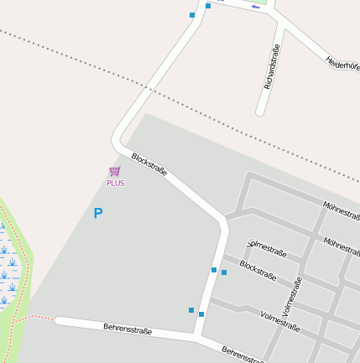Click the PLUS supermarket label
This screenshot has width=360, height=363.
click(115, 183)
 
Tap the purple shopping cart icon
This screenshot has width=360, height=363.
click(115, 171)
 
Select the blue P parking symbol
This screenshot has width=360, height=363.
click(97, 213)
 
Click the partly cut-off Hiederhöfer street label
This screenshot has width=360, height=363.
click(342, 63)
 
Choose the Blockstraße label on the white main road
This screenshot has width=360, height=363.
click(149, 164)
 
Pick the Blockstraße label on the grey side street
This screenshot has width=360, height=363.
click(258, 269)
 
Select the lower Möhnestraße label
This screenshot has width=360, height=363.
click(342, 246)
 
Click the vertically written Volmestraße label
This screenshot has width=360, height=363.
click(293, 297)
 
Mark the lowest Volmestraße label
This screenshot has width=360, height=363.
click(280, 321)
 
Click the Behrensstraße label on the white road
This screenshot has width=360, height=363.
click(128, 329)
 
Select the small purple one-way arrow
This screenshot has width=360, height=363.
click(255, 8)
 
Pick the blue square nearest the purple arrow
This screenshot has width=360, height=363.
click(208, 6)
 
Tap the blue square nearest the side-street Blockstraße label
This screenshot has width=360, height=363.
click(224, 272)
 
